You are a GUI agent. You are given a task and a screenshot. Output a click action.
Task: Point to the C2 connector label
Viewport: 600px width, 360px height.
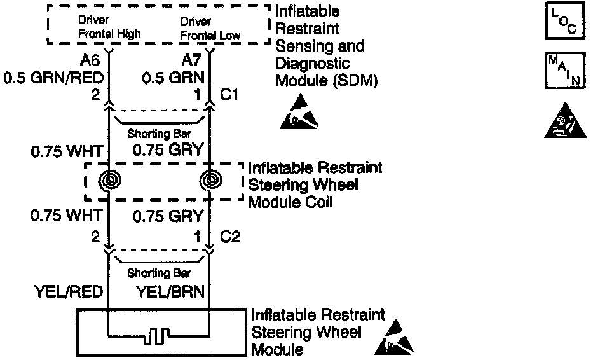tap(229, 237)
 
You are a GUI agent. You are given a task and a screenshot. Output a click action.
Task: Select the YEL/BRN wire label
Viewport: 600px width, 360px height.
tap(170, 292)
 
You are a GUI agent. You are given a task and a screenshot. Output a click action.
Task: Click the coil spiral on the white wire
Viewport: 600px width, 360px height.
tap(109, 181)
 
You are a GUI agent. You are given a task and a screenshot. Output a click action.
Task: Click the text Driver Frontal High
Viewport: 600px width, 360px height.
tap(109, 27)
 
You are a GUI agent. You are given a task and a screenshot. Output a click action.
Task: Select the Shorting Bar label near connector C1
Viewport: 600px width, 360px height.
tap(159, 134)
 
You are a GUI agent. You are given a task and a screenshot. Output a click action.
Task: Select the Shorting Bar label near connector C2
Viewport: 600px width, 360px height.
tap(159, 273)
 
